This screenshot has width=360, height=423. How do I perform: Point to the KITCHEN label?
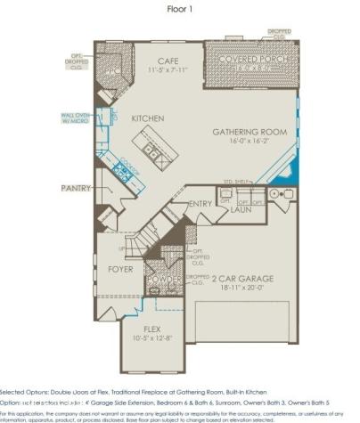(147, 118)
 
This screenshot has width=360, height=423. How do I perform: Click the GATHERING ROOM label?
(249, 132)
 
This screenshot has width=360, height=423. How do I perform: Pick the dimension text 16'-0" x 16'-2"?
(249, 141)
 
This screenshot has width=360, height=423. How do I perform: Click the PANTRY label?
(77, 189)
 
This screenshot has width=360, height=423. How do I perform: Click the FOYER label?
(121, 267)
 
